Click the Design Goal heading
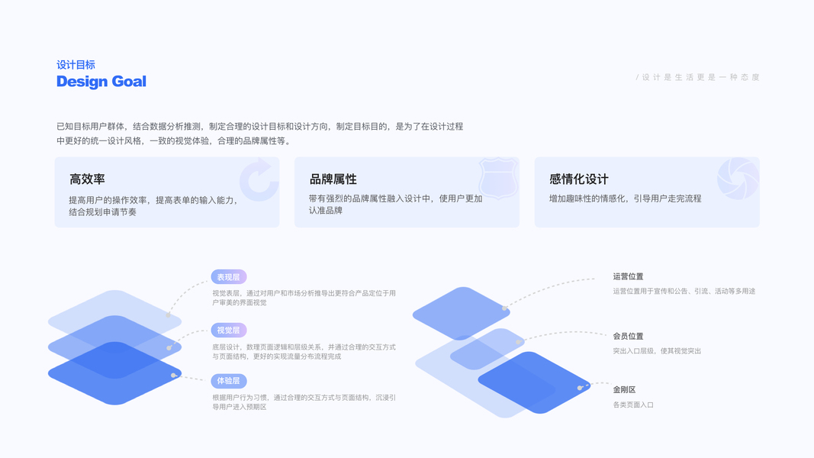coord(101,82)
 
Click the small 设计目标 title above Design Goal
coord(76,65)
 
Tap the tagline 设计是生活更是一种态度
coord(698,77)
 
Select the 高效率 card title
coord(87,179)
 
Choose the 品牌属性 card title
coord(333,179)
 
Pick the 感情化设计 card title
coord(578,179)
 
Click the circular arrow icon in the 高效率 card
coord(259,180)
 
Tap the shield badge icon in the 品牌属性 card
coord(498,179)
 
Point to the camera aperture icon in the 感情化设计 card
coord(738,179)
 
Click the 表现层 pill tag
coord(228,277)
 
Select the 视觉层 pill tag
coord(228,331)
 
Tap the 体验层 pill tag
coord(228,381)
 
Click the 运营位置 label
coord(628,276)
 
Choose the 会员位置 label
coord(628,336)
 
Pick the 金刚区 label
coord(624,389)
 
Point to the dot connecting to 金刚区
coord(580,388)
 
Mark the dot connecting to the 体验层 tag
coord(174,376)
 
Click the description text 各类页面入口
coord(633,405)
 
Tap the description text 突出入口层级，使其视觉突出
coord(657,351)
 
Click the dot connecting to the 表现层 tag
coord(169,314)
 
